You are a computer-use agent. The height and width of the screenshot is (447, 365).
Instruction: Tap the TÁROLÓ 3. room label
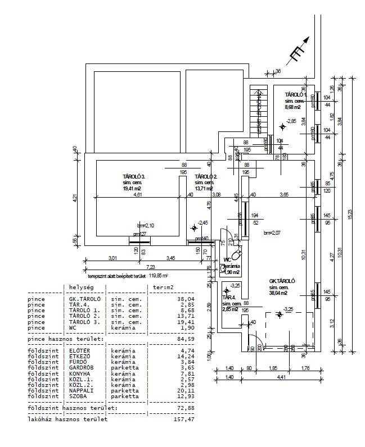[x=133, y=176]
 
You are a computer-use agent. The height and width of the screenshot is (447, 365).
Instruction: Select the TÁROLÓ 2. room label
[x=206, y=176]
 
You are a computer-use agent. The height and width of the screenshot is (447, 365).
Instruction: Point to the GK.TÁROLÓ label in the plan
[x=282, y=281]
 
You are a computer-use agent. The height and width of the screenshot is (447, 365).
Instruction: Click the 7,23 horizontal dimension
[x=151, y=267]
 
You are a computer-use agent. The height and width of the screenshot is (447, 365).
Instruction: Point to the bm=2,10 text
[x=145, y=225]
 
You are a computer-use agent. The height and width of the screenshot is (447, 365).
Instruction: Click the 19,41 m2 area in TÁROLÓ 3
[x=133, y=189]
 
